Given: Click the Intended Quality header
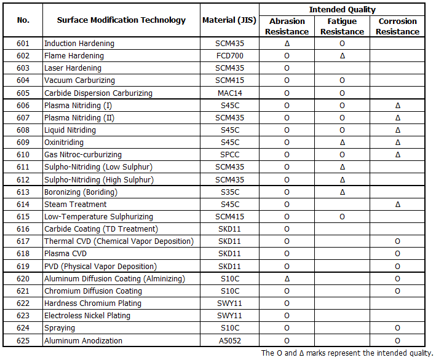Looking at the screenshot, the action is [x=342, y=10].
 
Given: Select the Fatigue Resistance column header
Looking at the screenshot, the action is [x=342, y=26].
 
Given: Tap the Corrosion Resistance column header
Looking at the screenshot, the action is [x=397, y=26].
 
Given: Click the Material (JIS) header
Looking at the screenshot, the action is [x=229, y=20].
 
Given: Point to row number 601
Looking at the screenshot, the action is [x=23, y=44].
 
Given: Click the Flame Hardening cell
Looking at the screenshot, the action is [x=74, y=56].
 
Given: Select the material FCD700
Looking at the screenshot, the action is [x=229, y=56].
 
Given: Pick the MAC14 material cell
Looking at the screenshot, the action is [x=229, y=93].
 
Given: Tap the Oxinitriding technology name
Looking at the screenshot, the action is [x=64, y=143].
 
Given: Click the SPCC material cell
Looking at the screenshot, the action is [x=229, y=155].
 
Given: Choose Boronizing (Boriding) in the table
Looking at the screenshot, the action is [x=81, y=192].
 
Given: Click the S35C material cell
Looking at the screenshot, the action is [x=230, y=192].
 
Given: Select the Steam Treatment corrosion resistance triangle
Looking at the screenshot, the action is [x=398, y=205].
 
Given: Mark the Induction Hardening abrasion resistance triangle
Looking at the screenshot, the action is [x=287, y=44].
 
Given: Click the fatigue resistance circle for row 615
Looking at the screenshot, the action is [x=342, y=217].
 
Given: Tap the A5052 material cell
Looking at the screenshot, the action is [x=229, y=341].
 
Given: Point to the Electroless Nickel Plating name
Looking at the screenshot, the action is [x=87, y=316].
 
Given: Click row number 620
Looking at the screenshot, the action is [x=23, y=279].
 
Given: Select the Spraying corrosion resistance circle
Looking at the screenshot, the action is [x=397, y=328].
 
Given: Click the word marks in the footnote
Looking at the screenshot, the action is [x=316, y=353].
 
